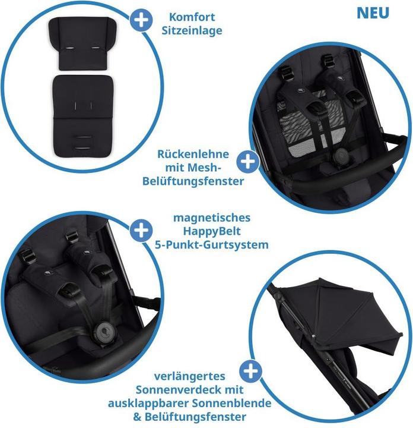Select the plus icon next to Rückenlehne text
click(248, 161)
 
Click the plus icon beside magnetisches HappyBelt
click(141, 230)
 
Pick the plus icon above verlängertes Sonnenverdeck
click(252, 372)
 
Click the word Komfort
click(192, 17)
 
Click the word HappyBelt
click(211, 231)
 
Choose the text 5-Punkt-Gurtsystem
click(211, 244)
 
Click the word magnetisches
click(211, 218)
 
